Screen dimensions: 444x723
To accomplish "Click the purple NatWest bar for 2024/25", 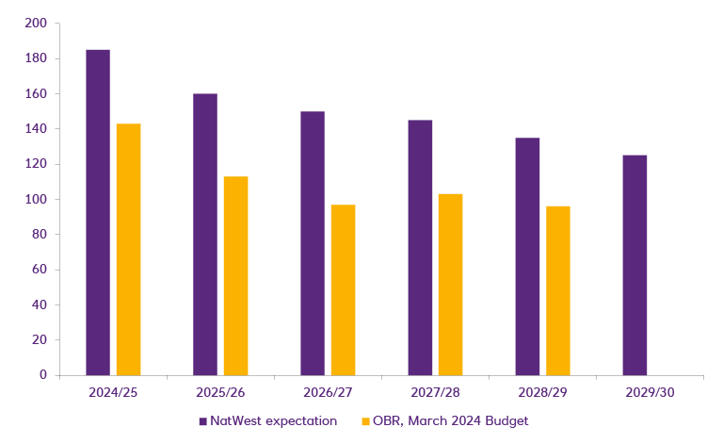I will click(98, 212).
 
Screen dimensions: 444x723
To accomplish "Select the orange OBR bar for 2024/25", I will click(128, 249).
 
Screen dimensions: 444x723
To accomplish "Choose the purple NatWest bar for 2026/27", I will click(313, 243).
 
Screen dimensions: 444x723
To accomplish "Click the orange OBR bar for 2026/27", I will click(343, 289).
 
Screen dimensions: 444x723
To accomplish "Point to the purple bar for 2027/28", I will click(420, 247).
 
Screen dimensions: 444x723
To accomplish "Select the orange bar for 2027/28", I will click(450, 284).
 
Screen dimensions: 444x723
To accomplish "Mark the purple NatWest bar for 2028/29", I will click(527, 256).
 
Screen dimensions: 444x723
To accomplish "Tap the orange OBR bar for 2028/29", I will click(557, 290).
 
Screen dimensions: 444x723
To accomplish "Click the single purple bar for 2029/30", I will click(635, 265).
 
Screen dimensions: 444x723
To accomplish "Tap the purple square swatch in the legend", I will click(202, 421).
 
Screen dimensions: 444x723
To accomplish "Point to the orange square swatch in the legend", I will click(365, 421).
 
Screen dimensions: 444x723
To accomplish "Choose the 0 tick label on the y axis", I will click(43, 374).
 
